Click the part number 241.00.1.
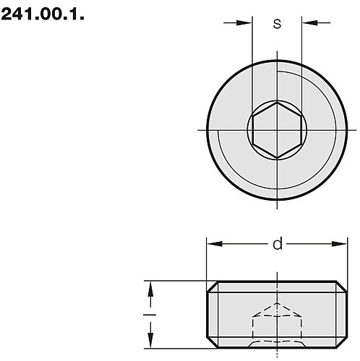43,13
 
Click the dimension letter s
277,23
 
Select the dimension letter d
277,245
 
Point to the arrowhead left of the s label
247,23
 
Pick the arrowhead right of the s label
308,23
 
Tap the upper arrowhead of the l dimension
151,288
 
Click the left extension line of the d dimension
207,260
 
